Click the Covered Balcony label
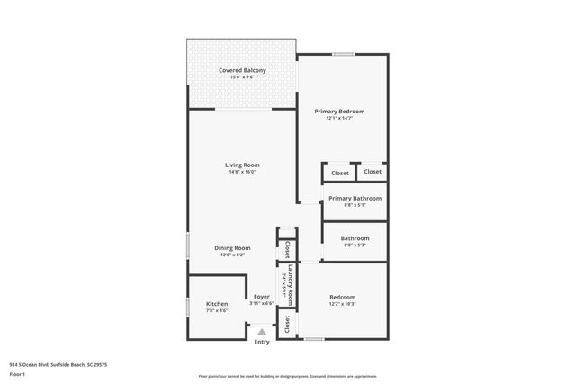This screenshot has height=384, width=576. point(241,70)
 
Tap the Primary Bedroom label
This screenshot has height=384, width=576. point(339,112)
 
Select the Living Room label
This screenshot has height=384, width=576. point(242,165)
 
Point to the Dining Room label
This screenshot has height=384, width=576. point(232,247)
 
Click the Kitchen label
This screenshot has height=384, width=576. point(217,304)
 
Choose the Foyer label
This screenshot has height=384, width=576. point(262,297)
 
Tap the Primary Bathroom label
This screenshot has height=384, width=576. point(355,198)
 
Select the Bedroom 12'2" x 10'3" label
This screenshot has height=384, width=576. point(342,297)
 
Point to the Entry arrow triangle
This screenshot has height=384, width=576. point(262,332)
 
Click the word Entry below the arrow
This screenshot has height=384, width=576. point(262,342)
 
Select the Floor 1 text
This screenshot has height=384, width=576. point(17,374)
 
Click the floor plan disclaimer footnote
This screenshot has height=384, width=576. point(287,376)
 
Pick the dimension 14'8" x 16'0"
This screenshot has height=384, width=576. point(242,172)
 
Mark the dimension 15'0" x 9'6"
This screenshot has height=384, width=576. point(241,77)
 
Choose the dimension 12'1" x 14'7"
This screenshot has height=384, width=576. point(339,119)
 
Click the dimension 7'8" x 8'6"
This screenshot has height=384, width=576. point(217,311)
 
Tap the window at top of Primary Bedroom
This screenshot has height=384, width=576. point(343,55)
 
